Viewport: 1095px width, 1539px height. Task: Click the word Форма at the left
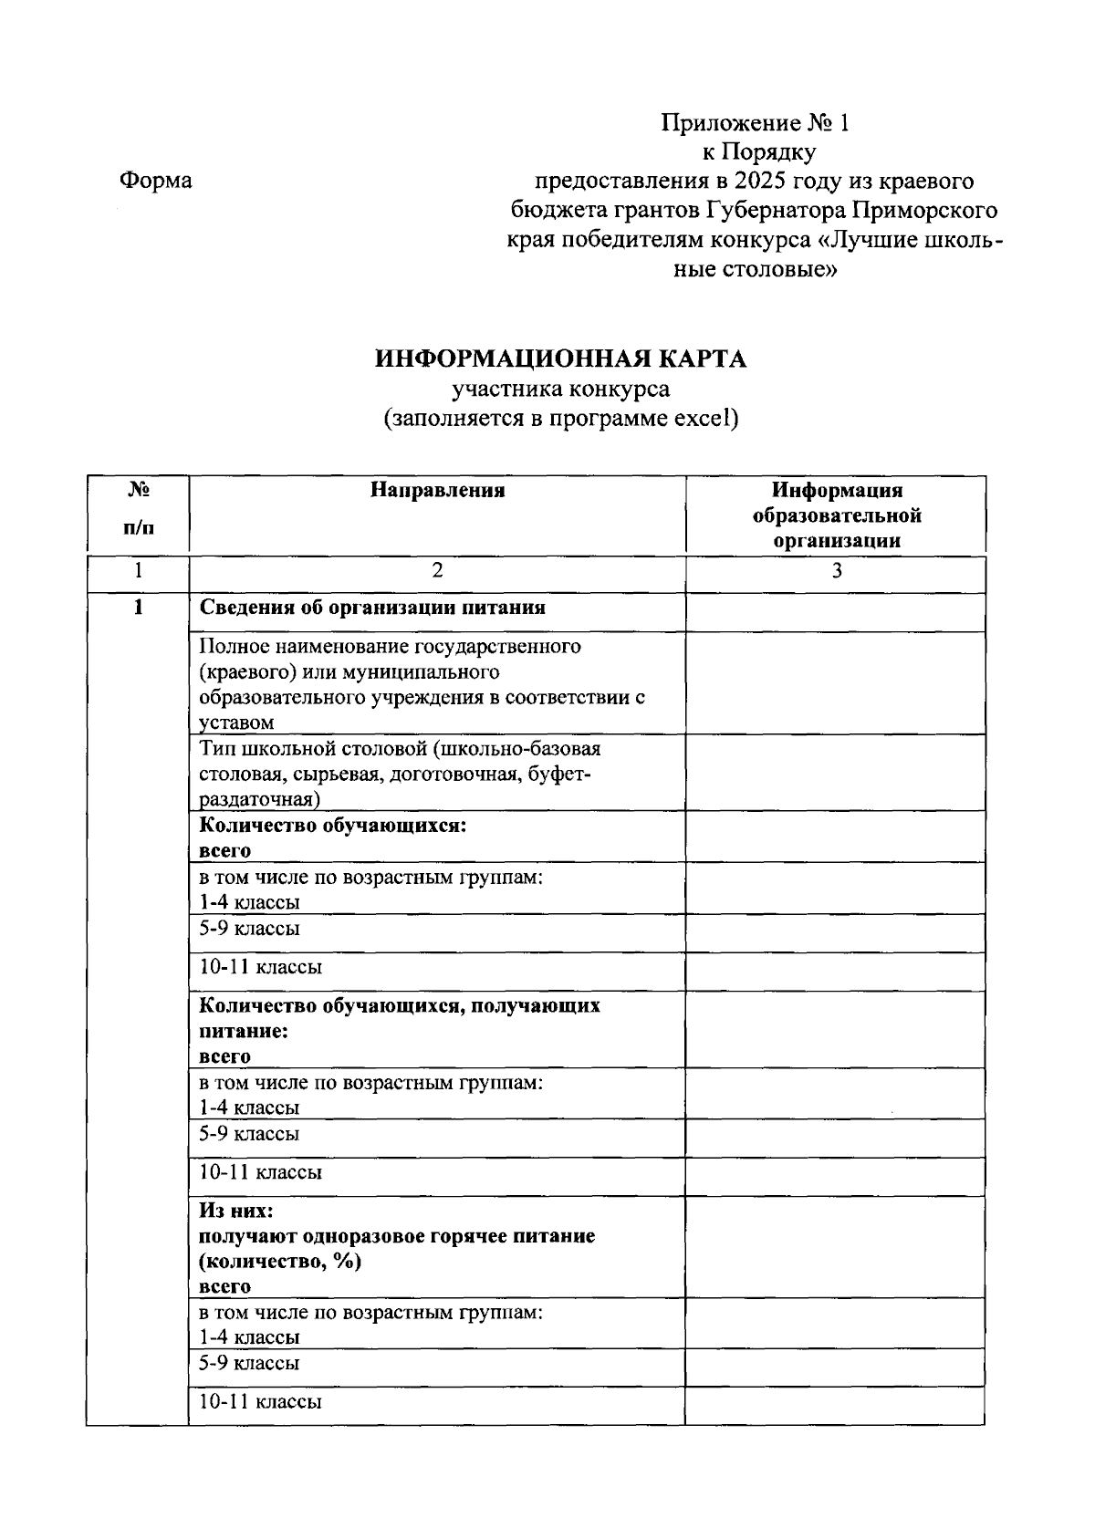pyautogui.click(x=155, y=181)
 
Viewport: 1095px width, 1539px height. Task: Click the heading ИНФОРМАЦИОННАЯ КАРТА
pyautogui.click(x=560, y=359)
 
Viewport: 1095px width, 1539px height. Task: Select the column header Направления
pyautogui.click(x=437, y=491)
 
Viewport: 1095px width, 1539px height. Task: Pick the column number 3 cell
pyautogui.click(x=836, y=571)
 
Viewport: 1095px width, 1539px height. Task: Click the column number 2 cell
pyautogui.click(x=437, y=571)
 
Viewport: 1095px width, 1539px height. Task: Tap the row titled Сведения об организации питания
pyautogui.click(x=372, y=608)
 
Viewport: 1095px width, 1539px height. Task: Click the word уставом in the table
pyautogui.click(x=236, y=723)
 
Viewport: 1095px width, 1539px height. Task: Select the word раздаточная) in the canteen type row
pyautogui.click(x=259, y=800)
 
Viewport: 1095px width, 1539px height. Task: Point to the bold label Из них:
pyautogui.click(x=235, y=1211)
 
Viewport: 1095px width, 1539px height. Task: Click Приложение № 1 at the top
pyautogui.click(x=755, y=123)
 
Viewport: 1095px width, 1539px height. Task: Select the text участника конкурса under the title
pyautogui.click(x=560, y=390)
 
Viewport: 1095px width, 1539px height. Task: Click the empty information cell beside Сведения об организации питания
pyautogui.click(x=835, y=612)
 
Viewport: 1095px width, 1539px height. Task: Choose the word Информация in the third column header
pyautogui.click(x=836, y=491)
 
